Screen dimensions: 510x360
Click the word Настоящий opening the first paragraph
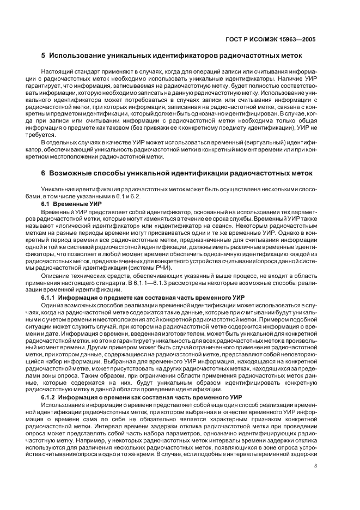[x=56, y=72]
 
